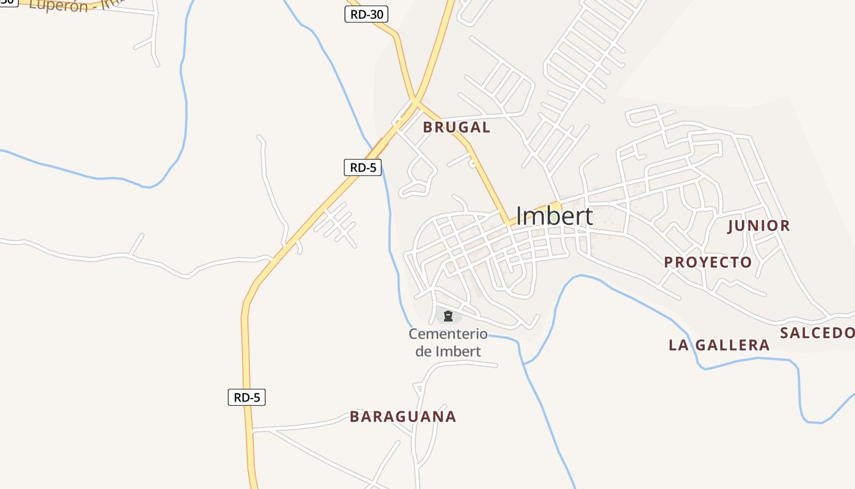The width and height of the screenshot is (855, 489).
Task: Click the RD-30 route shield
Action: tap(366, 14)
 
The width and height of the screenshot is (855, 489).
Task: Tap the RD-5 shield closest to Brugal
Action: tap(363, 167)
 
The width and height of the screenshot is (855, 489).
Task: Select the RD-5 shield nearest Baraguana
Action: tap(247, 397)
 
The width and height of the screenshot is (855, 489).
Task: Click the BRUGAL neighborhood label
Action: tap(456, 127)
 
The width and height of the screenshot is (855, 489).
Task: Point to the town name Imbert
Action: tap(554, 216)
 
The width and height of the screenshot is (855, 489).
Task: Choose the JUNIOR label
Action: tap(759, 226)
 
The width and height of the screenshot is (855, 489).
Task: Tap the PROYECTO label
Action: tap(708, 262)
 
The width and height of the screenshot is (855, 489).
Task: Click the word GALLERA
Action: tap(732, 345)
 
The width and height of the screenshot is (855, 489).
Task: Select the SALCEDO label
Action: tap(817, 333)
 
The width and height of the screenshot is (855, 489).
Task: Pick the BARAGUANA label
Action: tap(402, 417)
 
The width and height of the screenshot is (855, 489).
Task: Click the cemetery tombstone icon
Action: tap(448, 316)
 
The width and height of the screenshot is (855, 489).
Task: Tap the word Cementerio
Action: tap(448, 334)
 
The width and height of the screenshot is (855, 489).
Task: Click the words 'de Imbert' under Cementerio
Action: tap(448, 351)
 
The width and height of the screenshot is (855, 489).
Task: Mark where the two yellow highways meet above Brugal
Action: tap(415, 100)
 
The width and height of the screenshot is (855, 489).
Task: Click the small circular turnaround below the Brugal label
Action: tap(471, 164)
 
